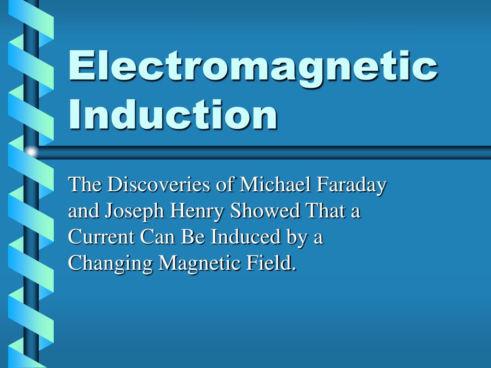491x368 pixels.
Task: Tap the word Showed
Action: click(259, 211)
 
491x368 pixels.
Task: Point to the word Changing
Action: click(111, 264)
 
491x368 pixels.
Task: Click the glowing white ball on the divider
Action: click(31, 152)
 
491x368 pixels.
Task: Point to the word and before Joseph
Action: click(83, 211)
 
